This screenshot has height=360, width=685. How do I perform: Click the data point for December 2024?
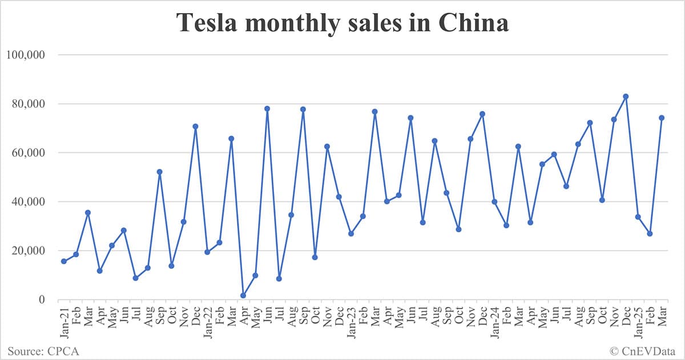tap(626, 96)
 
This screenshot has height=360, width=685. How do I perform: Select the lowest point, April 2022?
tap(243, 296)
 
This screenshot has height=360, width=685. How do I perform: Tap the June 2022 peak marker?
tap(267, 108)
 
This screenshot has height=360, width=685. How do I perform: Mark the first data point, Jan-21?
tap(64, 261)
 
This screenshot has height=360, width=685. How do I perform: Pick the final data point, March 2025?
tap(662, 118)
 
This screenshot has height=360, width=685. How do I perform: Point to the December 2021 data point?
tap(195, 126)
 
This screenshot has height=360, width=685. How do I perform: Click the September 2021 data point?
tap(159, 172)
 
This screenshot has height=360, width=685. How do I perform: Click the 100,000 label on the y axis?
tap(26, 55)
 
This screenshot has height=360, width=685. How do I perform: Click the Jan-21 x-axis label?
tap(64, 322)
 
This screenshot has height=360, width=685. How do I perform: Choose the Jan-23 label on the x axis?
tap(351, 322)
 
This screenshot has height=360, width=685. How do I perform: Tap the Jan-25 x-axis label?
tap(638, 322)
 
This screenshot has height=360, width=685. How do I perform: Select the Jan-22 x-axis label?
tap(207, 322)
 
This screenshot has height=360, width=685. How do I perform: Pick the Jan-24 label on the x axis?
tap(494, 322)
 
